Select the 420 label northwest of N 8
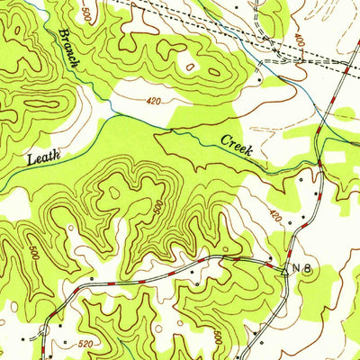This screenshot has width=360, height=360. pyautogui.click(x=274, y=217)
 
